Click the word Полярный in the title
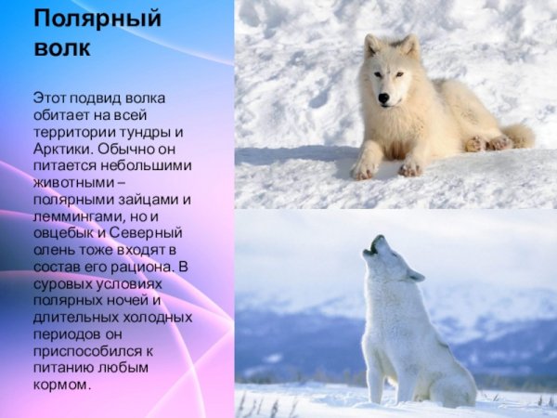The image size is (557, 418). point(97,19)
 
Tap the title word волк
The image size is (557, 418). point(62,47)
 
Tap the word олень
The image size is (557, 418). point(52,249)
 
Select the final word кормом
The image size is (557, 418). point(62,385)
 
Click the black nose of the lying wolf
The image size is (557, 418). point(382,98)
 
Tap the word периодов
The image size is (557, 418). point(68,334)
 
